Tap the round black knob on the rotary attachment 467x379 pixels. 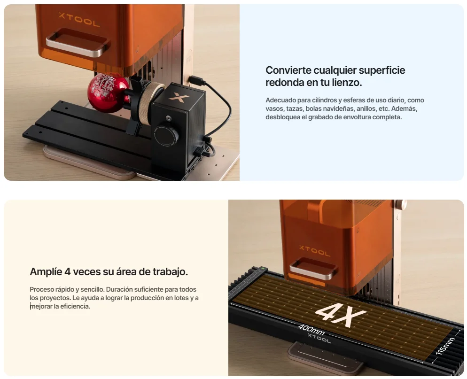tap(166, 136)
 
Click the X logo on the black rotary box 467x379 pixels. tap(179, 97)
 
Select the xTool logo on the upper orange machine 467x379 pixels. tap(79, 19)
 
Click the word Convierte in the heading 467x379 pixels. tap(287, 70)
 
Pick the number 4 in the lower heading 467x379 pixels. tap(68, 272)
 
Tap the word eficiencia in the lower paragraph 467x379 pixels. tap(75, 306)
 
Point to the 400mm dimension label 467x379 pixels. tap(311, 329)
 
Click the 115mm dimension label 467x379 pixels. tap(445, 346)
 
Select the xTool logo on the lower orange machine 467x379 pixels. tap(314, 251)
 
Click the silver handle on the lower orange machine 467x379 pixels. tap(313, 269)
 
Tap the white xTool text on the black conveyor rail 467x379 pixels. tap(319, 338)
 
